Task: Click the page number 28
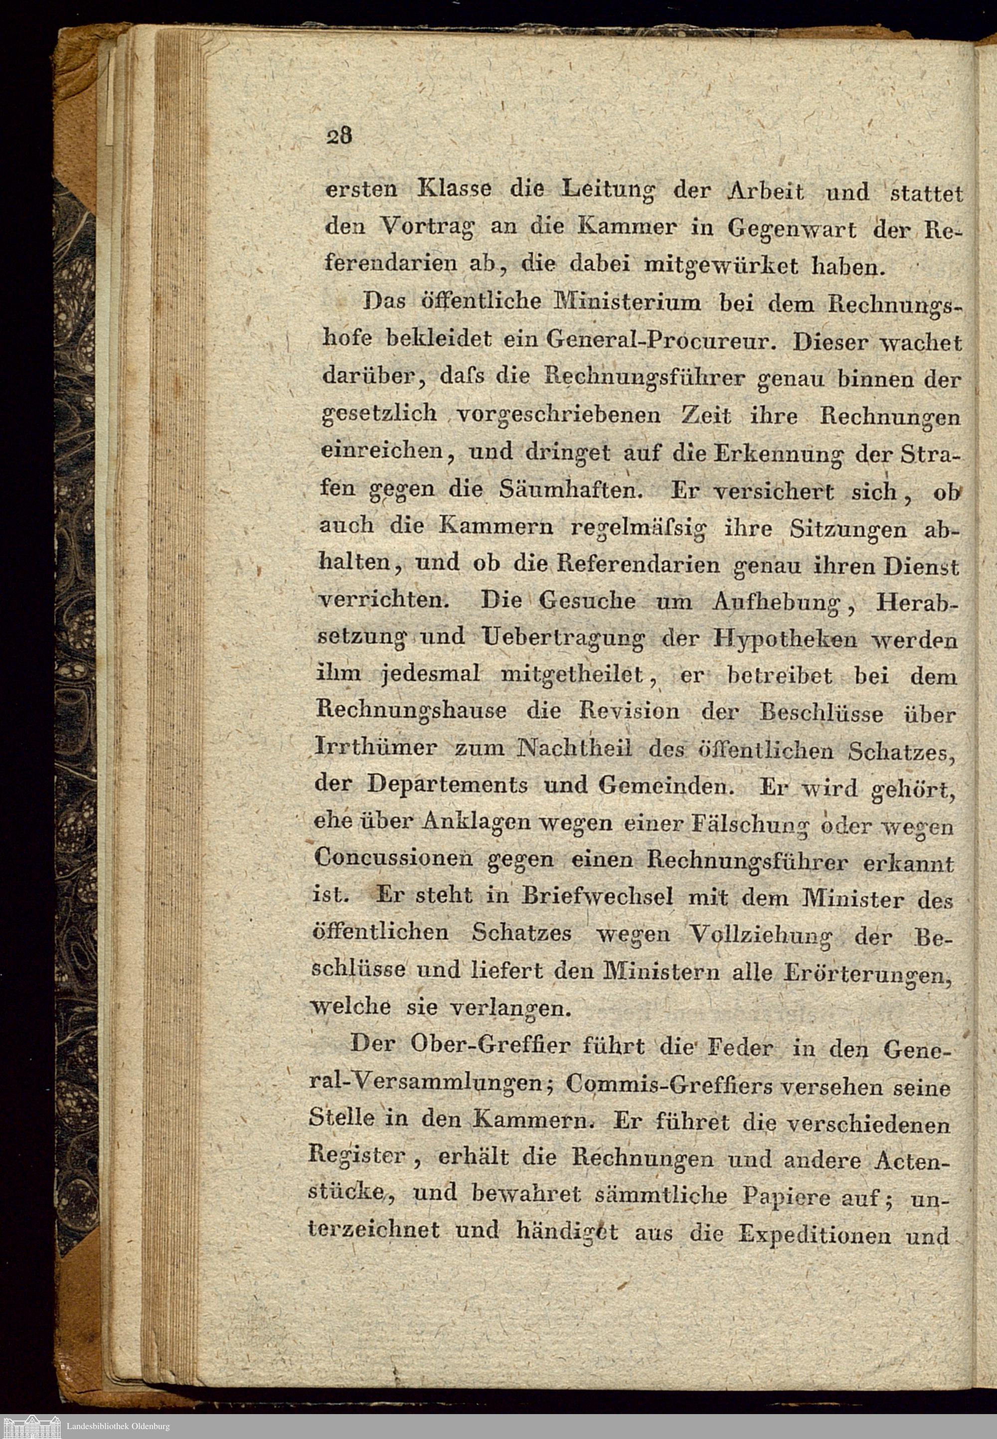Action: (339, 136)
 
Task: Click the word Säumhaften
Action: (571, 489)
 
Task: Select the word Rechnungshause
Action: (411, 711)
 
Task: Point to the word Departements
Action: (447, 785)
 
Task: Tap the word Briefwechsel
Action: (598, 897)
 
